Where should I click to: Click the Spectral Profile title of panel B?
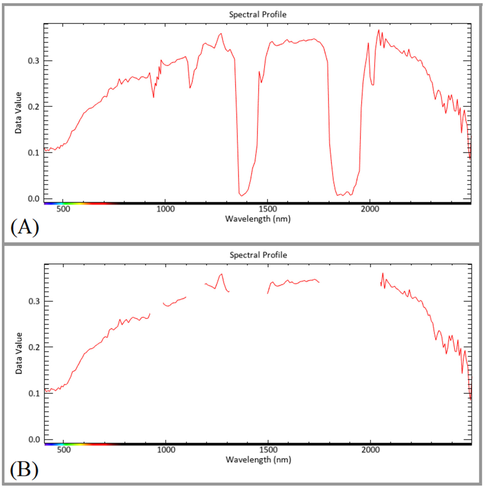pos(258,255)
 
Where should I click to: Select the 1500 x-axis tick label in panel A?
pos(268,209)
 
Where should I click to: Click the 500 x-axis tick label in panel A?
pos(63,209)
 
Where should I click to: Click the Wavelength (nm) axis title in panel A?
pos(258,219)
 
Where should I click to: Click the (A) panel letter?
pos(25,227)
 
